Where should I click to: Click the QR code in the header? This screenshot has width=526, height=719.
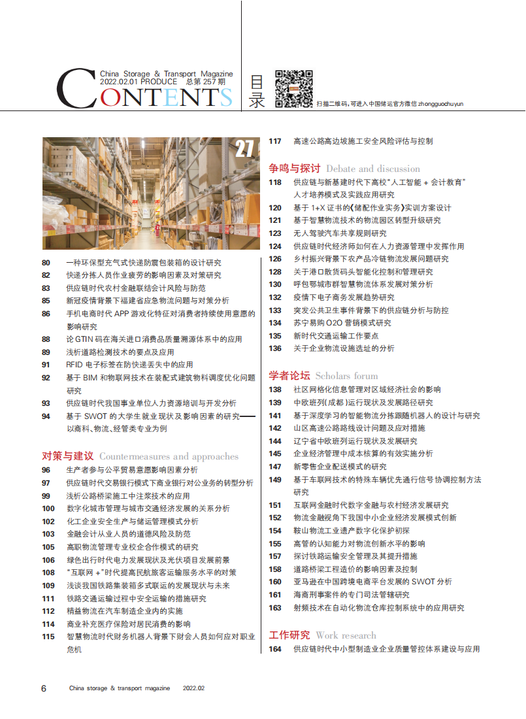[293, 88]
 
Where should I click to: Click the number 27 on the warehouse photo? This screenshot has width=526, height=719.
[244, 150]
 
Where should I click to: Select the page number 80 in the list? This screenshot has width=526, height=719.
[46, 263]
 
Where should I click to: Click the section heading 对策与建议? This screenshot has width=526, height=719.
[68, 456]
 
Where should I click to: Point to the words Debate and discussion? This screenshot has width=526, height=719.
[373, 168]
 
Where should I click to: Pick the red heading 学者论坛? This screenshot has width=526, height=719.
[289, 375]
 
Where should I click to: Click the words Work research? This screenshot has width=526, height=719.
[346, 635]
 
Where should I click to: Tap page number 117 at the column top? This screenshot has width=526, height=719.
[275, 141]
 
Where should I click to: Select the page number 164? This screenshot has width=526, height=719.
[275, 649]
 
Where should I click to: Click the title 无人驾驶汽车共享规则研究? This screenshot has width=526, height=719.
[340, 233]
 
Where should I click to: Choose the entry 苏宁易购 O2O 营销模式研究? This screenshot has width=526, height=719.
[342, 323]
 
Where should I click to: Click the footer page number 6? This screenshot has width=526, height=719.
[44, 688]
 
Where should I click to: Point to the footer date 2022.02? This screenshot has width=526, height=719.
[193, 688]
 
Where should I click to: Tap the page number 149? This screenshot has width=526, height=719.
[275, 479]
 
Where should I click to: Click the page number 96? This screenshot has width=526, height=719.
[46, 470]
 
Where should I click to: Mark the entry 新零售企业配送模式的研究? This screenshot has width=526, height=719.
[340, 467]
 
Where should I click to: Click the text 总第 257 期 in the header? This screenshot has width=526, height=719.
[206, 82]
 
